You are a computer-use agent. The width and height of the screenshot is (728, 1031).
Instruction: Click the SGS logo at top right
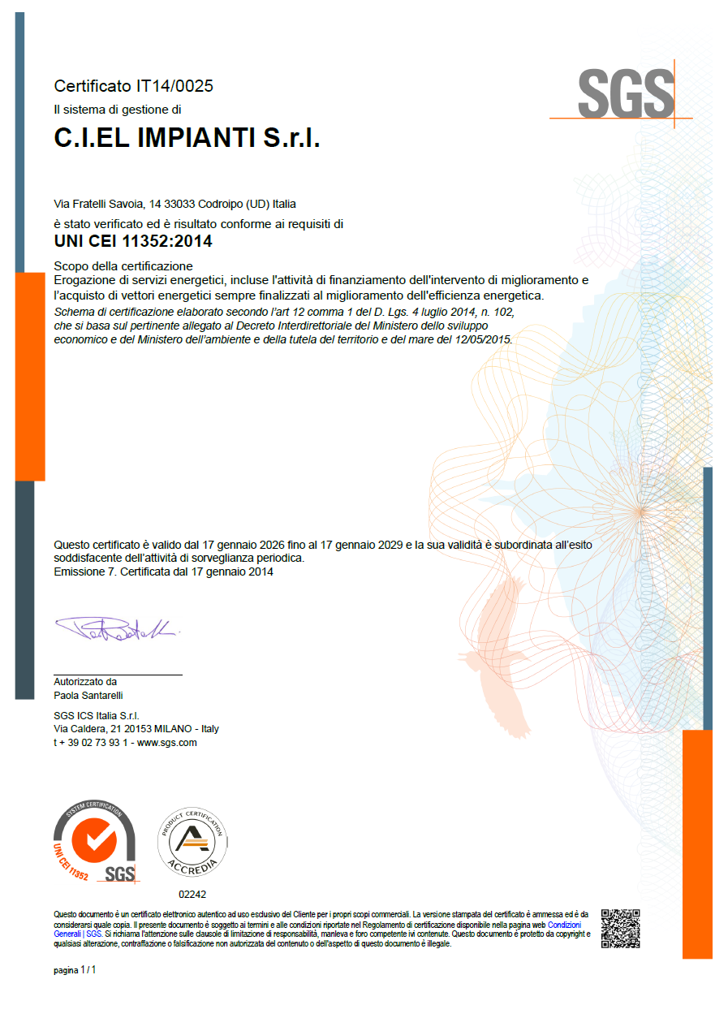click(625, 94)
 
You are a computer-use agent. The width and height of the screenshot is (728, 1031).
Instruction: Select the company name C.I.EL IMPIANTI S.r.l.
click(187, 139)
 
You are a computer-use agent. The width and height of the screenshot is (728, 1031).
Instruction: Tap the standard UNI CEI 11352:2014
click(133, 241)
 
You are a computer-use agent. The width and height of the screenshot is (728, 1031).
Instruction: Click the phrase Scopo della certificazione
click(123, 265)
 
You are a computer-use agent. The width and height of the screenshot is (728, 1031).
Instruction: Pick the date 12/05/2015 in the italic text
click(484, 340)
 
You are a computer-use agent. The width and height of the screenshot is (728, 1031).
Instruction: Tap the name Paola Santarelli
click(88, 696)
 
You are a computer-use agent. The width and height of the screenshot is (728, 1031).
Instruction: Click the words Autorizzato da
click(85, 682)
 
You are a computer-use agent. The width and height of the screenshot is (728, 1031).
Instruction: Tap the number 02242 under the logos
click(192, 894)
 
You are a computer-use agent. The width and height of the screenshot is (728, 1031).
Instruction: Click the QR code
click(621, 928)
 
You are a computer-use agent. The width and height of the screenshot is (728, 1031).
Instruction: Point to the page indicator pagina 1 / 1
click(75, 970)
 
